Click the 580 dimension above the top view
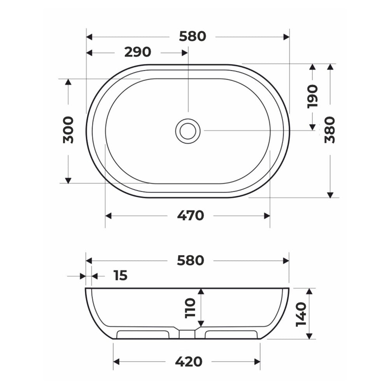[193, 37]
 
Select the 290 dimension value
[138, 52]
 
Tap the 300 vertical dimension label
[68, 130]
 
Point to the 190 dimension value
[312, 96]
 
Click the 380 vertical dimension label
[330, 130]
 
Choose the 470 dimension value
[191, 216]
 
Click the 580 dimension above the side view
[191, 261]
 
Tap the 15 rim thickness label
[121, 275]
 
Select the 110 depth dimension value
[191, 308]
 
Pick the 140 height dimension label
[301, 314]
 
